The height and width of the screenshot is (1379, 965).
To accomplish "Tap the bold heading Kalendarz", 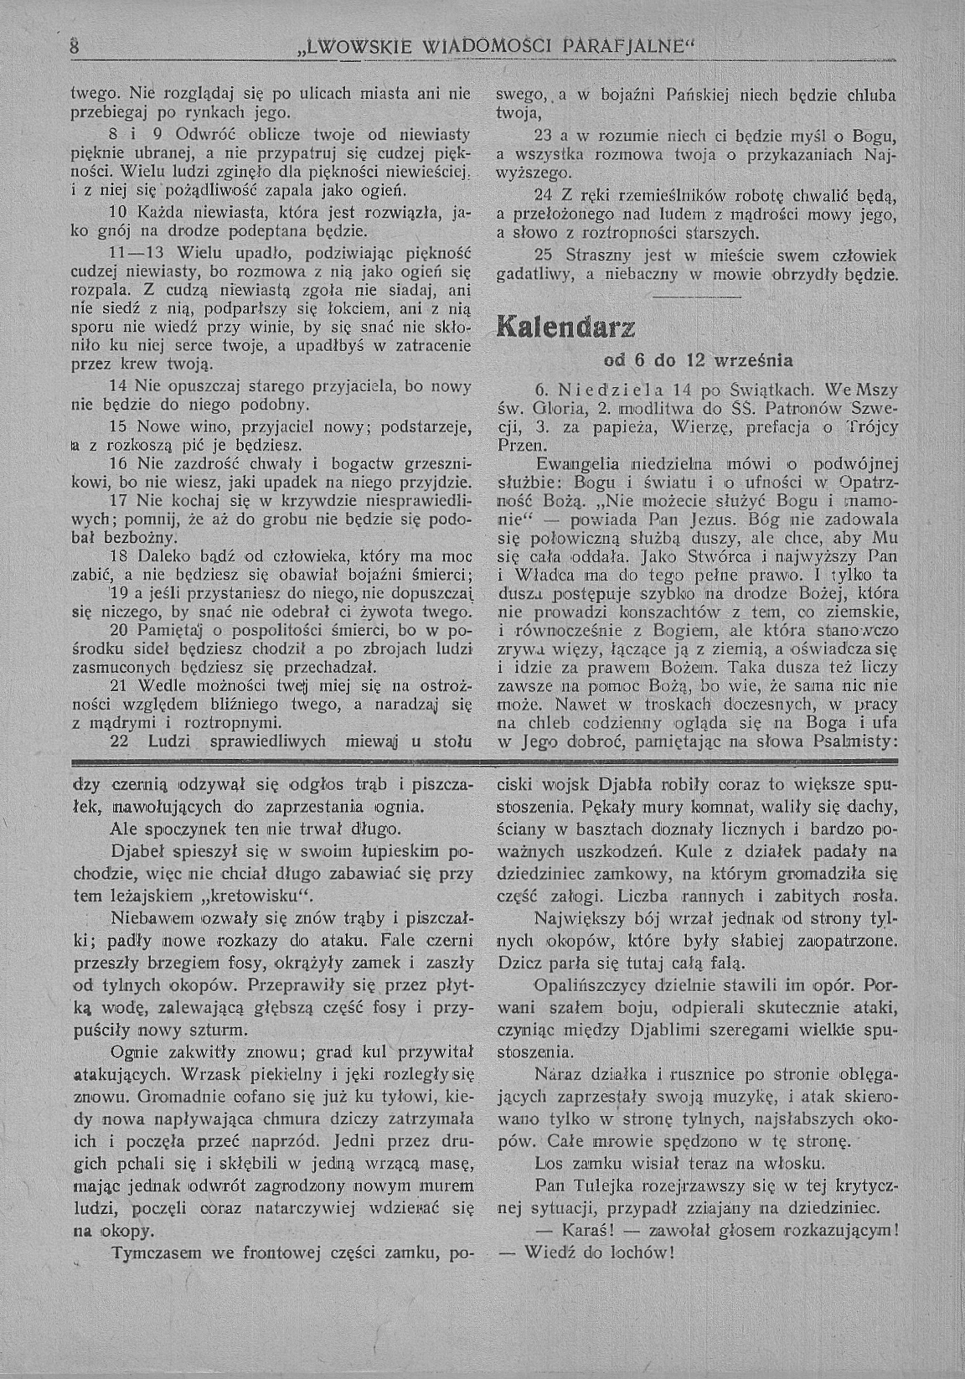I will click(566, 328).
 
